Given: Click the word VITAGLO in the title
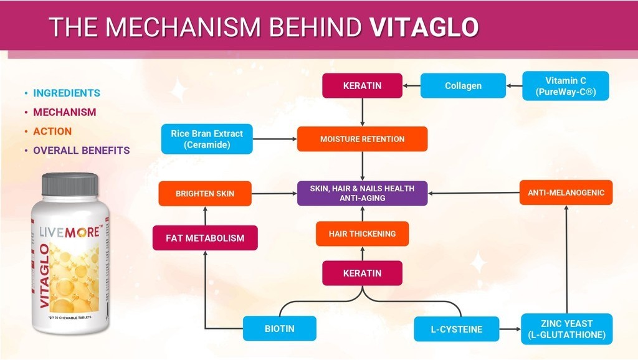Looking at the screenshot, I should [x=424, y=27].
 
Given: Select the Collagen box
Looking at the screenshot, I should [x=462, y=86].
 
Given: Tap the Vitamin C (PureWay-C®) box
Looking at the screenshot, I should [x=565, y=86].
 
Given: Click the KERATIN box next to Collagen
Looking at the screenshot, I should [x=362, y=86].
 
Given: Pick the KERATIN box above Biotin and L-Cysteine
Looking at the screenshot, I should [x=362, y=273].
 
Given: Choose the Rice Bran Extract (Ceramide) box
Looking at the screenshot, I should [x=207, y=139].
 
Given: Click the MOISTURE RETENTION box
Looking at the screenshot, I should [x=362, y=139].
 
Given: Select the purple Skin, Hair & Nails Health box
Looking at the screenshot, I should [x=362, y=193].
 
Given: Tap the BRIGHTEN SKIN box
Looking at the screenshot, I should [x=205, y=194].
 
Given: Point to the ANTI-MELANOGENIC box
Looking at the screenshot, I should [x=566, y=192].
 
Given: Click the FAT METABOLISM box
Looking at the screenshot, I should [x=205, y=238].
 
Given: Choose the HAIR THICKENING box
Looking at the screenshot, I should [x=362, y=234].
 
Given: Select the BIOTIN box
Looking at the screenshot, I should [x=279, y=328].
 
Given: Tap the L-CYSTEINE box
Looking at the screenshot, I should [x=457, y=329].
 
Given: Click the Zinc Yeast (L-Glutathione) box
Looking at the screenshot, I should [x=566, y=329].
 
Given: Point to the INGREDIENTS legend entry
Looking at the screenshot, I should [x=66, y=93].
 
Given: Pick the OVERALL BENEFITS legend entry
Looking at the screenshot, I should [x=81, y=150].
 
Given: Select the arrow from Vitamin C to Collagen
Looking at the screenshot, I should [x=513, y=86].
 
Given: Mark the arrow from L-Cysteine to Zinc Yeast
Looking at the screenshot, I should [x=510, y=328].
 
